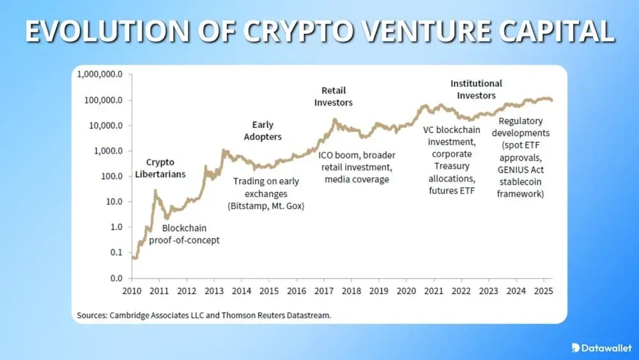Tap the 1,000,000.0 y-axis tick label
pos(100,74)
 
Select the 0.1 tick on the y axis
pos(116,253)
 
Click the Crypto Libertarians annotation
pos(160,168)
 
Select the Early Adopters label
pos(263,131)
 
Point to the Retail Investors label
pos(333,97)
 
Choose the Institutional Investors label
pos(476,90)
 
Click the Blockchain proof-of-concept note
pos(184,234)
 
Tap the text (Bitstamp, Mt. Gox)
pos(265,205)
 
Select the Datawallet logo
pos(601,347)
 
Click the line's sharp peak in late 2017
pos(334,120)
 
